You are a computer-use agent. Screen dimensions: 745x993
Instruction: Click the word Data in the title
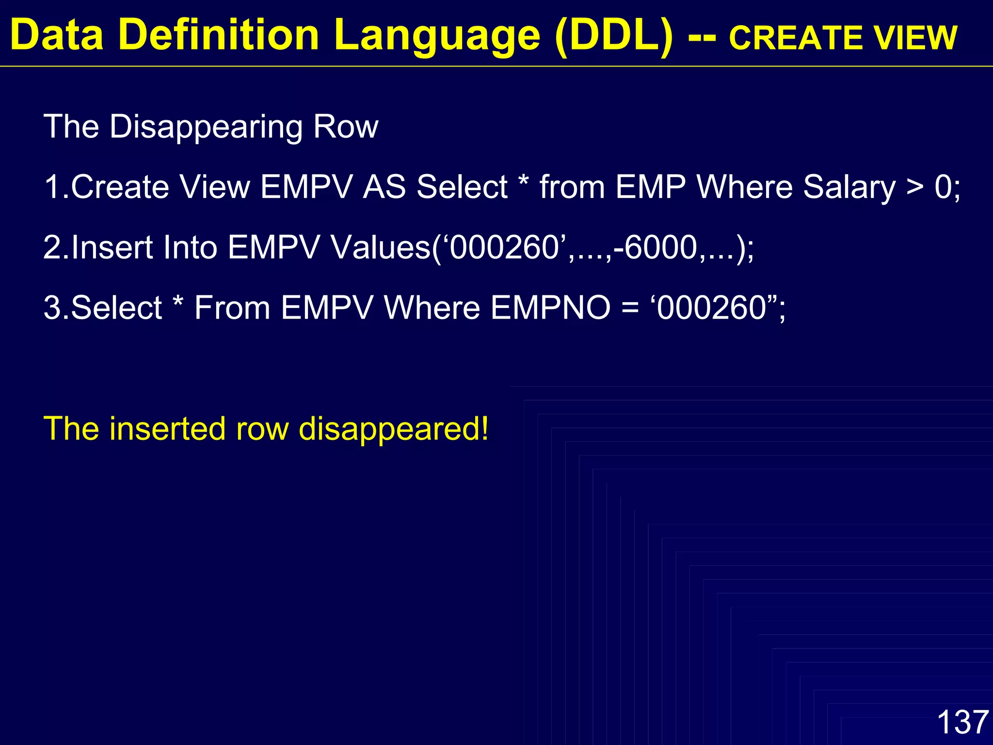point(57,35)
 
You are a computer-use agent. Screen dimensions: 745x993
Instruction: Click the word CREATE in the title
point(795,38)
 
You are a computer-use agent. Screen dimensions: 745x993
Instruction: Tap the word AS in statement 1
point(384,187)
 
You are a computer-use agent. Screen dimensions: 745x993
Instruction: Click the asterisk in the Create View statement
point(523,182)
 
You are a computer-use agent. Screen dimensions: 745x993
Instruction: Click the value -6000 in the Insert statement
point(655,248)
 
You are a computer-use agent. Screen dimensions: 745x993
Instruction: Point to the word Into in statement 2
point(190,248)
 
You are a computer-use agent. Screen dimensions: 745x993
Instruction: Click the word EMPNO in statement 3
point(550,308)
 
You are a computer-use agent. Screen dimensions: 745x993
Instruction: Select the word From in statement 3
point(232,308)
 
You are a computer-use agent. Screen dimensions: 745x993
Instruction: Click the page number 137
point(962,722)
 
